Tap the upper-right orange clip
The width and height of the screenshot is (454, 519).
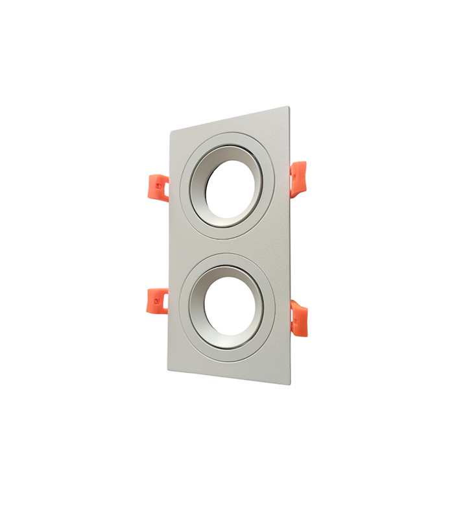298,177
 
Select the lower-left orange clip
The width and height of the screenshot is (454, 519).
158,300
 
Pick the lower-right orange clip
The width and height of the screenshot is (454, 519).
299,318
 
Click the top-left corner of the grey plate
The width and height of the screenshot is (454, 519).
171,129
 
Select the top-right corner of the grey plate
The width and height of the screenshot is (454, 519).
287,108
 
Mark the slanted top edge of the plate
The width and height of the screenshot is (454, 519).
227,118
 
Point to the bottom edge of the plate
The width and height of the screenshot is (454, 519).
230,377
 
